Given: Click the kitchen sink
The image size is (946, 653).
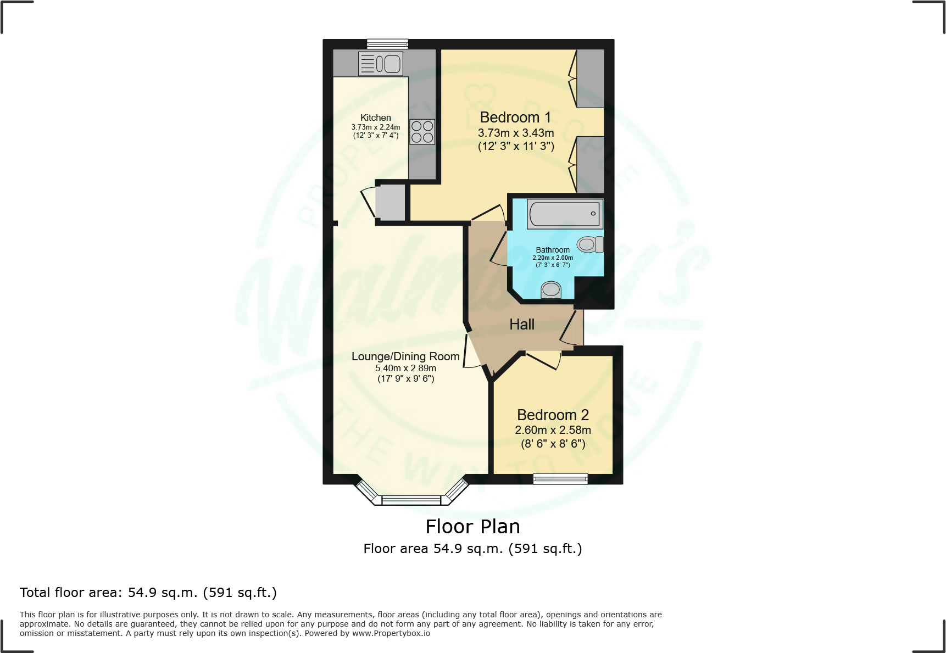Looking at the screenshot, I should (381, 64).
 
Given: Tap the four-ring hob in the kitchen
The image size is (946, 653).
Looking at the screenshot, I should (422, 132).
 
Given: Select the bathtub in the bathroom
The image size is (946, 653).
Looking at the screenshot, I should (565, 214).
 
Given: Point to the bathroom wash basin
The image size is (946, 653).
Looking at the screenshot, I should (551, 289).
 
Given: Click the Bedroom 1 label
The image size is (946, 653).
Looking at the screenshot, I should (515, 118).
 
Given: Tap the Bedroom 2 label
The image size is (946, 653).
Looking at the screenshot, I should (553, 415).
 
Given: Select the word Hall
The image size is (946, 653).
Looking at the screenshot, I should (521, 325).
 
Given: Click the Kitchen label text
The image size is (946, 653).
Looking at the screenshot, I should (376, 118).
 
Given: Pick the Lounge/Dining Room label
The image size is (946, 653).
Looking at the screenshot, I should (405, 356).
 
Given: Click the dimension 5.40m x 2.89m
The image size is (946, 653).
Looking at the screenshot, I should (405, 368).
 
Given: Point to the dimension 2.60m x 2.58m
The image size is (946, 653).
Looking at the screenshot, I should (553, 430).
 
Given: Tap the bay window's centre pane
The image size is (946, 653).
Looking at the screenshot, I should (411, 500).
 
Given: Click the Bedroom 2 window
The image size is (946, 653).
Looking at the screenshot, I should (560, 479).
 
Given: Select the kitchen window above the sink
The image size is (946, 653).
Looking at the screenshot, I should (387, 44).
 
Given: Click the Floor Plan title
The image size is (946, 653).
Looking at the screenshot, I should (472, 526).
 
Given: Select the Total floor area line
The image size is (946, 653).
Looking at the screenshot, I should (148, 593).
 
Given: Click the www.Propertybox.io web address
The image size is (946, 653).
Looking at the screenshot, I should (391, 633).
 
